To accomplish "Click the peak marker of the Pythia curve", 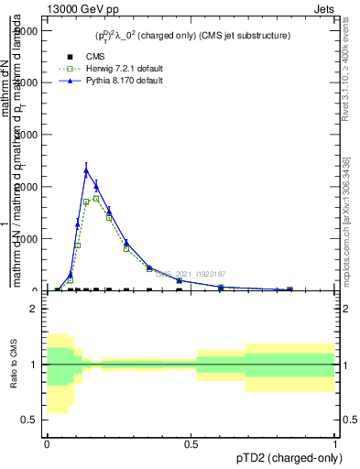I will (86, 169).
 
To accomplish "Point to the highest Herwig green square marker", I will (96, 198).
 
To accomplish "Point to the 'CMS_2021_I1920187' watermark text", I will (193, 273).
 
